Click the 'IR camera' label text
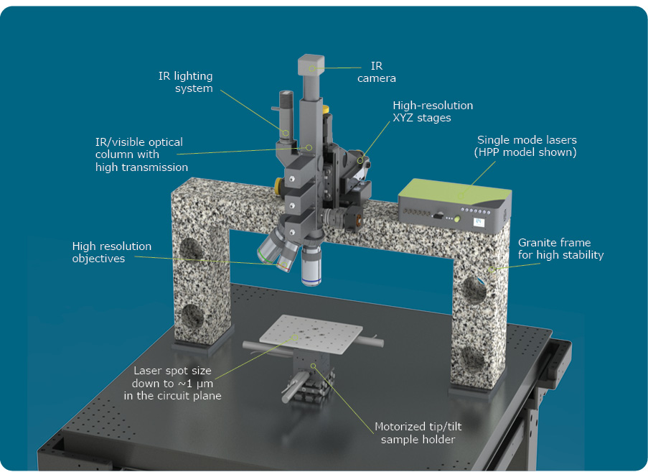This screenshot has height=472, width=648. [x=377, y=72]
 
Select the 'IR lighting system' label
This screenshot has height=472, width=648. [x=186, y=82]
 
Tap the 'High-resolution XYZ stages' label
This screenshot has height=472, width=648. [x=433, y=111]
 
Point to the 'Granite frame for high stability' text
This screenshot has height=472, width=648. [x=560, y=249]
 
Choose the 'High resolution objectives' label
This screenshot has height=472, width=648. [x=111, y=252]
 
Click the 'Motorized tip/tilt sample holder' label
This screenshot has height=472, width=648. [x=418, y=432]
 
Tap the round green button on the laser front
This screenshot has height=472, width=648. [x=457, y=219]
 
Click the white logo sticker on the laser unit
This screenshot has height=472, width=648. [x=479, y=223]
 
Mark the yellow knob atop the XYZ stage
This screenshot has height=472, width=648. [x=326, y=109]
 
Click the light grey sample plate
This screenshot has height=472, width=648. [x=311, y=334]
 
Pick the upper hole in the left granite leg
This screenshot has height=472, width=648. [x=191, y=249]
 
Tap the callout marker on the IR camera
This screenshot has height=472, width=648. [x=313, y=68]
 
